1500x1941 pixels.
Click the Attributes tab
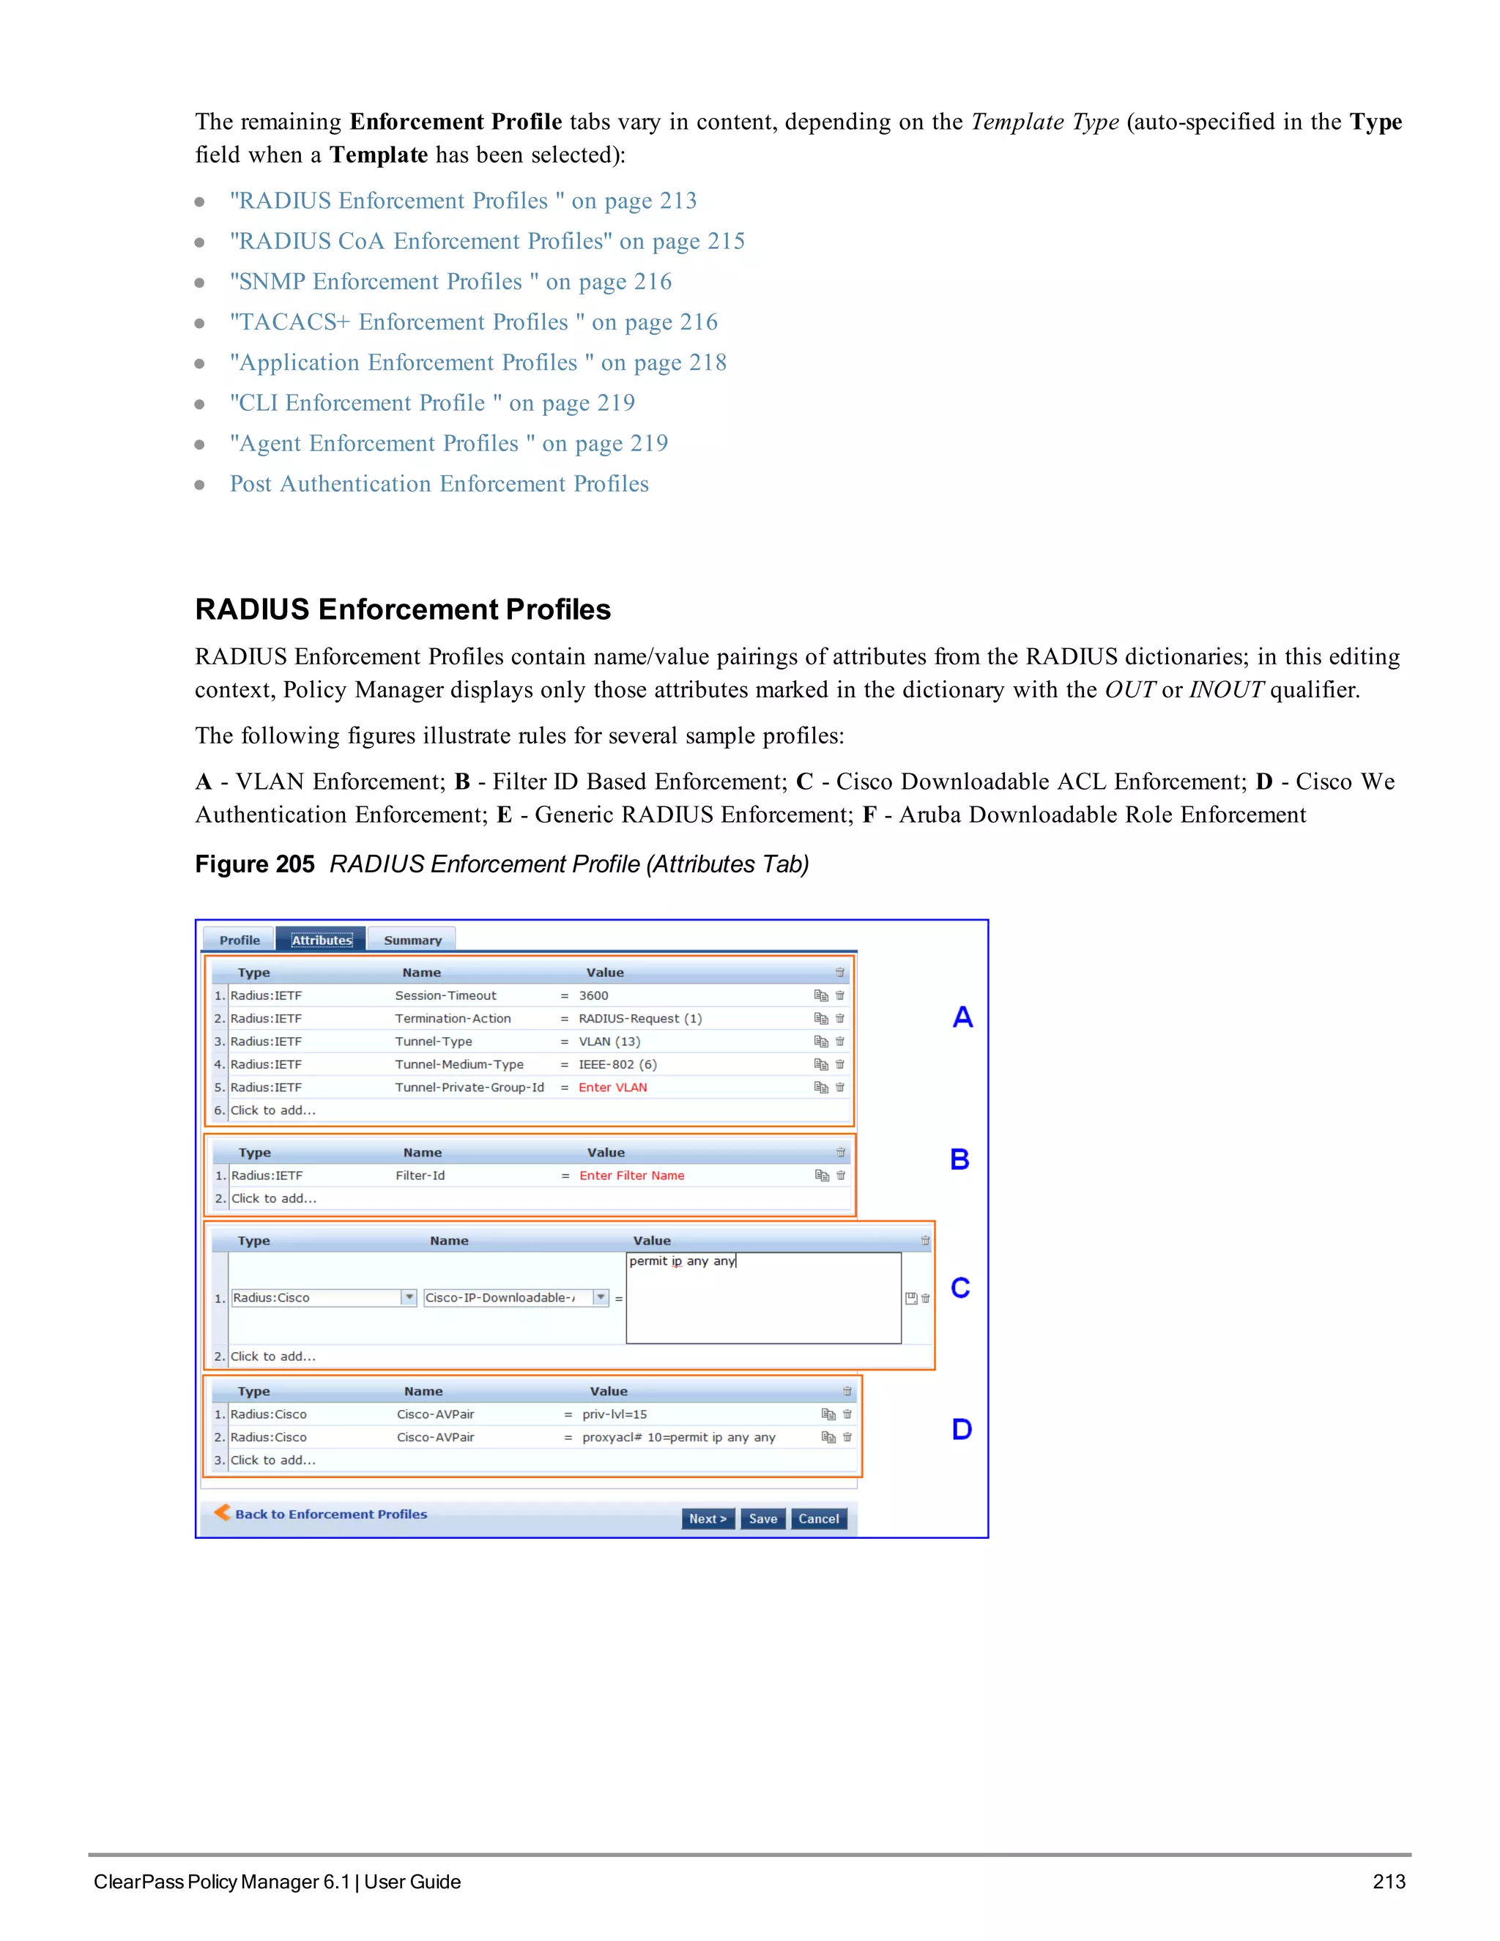tap(321, 940)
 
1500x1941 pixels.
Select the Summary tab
tap(412, 940)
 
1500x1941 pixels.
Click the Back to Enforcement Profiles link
tap(330, 1513)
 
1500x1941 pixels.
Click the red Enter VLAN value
tap(612, 1087)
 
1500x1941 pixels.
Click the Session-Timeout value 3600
tap(593, 995)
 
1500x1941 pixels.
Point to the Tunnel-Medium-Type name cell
tap(458, 1064)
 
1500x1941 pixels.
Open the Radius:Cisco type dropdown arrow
tap(409, 1298)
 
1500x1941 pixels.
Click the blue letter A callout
tap(962, 1017)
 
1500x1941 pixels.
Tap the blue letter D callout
tap(962, 1429)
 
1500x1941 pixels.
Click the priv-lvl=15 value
tap(614, 1414)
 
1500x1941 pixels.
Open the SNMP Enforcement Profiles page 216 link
tap(450, 282)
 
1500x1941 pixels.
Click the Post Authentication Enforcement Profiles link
tap(439, 483)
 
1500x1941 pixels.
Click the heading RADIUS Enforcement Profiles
tap(403, 609)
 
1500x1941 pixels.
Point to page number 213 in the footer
tap(1388, 1882)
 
